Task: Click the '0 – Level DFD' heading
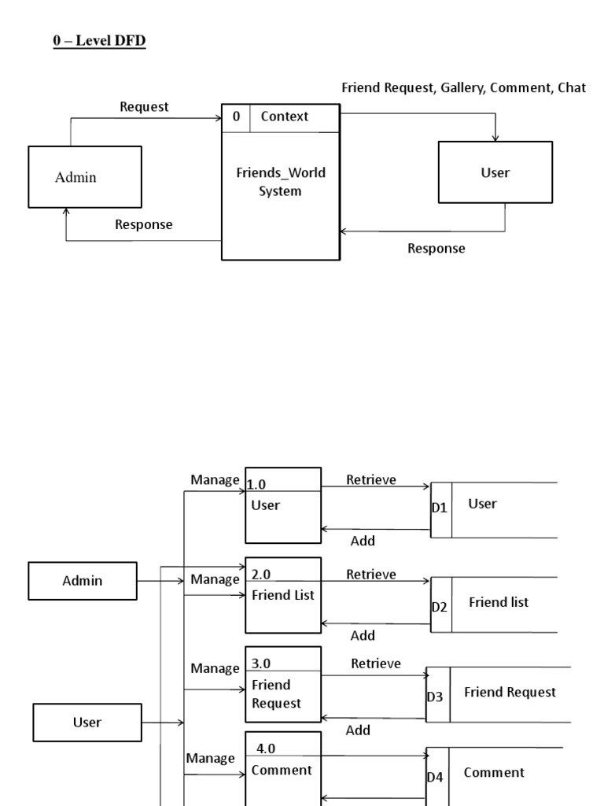(99, 40)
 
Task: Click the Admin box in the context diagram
(85, 177)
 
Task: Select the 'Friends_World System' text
(281, 182)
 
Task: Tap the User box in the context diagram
(495, 173)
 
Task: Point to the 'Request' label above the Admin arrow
(144, 107)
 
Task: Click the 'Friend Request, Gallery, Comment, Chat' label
(463, 88)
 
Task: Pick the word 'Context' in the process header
(285, 116)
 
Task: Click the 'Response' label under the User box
(436, 249)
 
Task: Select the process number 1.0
(256, 485)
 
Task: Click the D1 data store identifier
(440, 508)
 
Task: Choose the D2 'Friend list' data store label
(499, 602)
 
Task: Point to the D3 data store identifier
(435, 697)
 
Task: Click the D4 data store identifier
(435, 777)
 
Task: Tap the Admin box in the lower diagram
(83, 581)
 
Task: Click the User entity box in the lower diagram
(87, 723)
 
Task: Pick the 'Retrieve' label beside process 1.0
(371, 480)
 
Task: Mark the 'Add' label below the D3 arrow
(358, 730)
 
